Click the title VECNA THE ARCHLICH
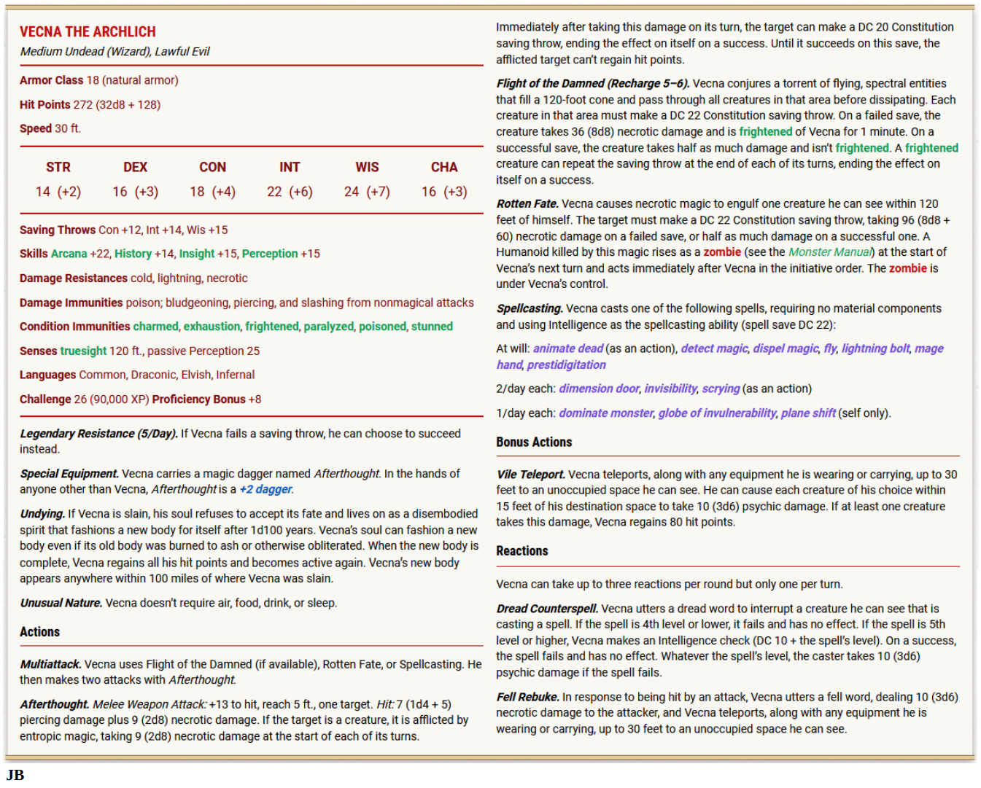[x=88, y=32]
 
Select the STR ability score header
[x=58, y=167]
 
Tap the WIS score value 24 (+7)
[x=367, y=192]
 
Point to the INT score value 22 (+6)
[x=290, y=192]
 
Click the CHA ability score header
[x=444, y=167]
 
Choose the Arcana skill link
[x=69, y=254]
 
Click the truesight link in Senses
[x=83, y=351]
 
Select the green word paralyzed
[x=328, y=327]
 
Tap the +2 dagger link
[x=265, y=489]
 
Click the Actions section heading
[x=40, y=632]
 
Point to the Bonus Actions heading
[x=534, y=442]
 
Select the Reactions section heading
[x=522, y=551]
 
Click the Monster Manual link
[x=829, y=252]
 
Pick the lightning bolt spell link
[x=875, y=348]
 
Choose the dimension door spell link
[x=599, y=389]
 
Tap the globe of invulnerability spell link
[x=717, y=413]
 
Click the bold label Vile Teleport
[x=530, y=475]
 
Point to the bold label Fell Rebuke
[x=527, y=697]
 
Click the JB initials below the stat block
[x=15, y=775]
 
